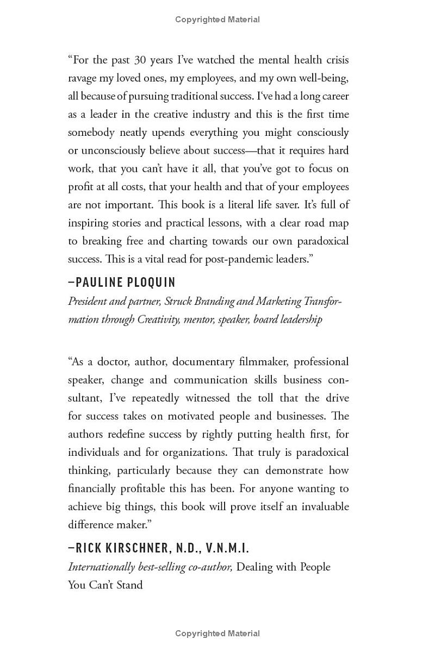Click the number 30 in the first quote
pyautogui.click(x=141, y=60)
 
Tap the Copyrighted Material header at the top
pyautogui.click(x=217, y=20)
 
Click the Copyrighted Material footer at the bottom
pyautogui.click(x=217, y=634)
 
